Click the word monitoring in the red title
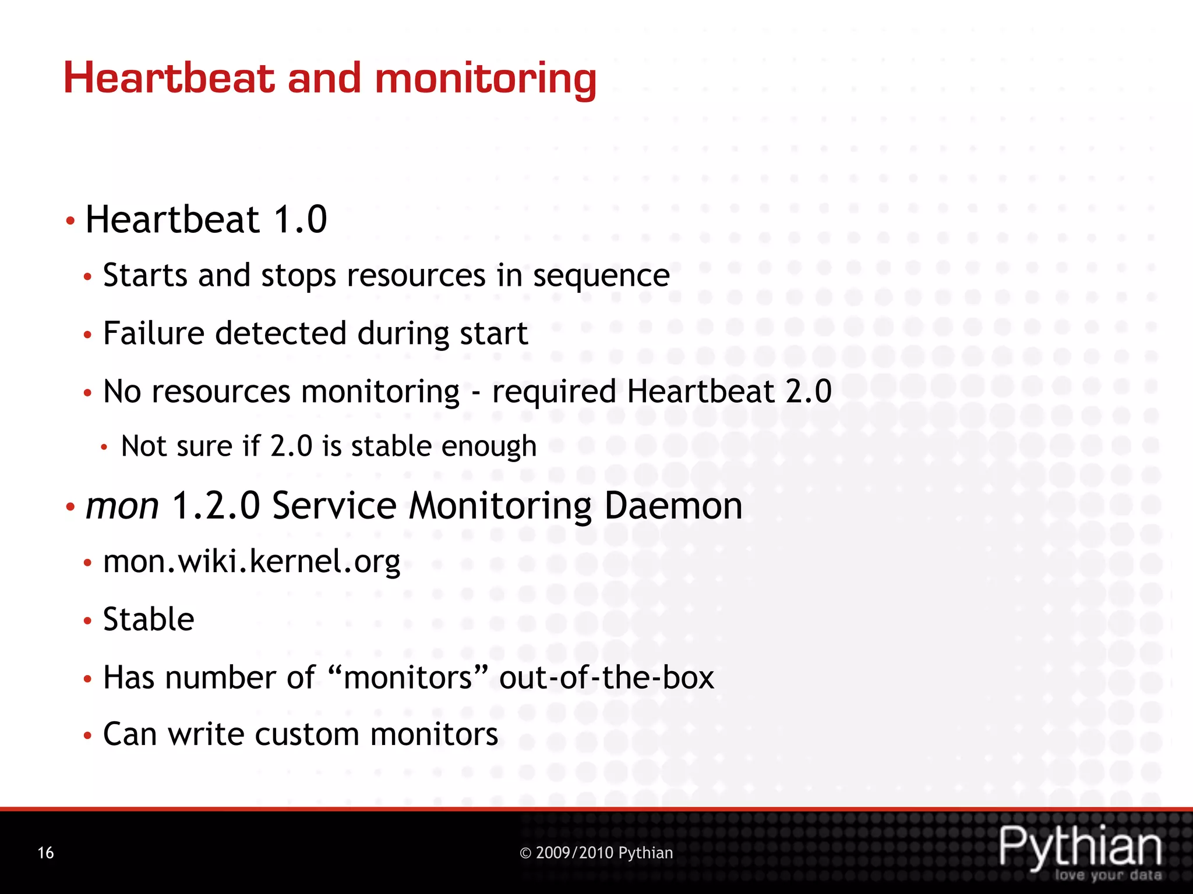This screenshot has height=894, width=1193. [x=485, y=79]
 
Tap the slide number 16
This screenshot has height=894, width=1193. [x=45, y=853]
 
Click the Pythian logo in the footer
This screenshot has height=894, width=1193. [x=1081, y=847]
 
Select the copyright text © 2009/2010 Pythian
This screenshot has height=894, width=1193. [x=596, y=853]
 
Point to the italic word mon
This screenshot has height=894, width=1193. [x=122, y=505]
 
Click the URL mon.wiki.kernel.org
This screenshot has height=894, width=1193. [x=252, y=562]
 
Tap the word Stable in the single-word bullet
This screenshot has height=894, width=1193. [x=149, y=619]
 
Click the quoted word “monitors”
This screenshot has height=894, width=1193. [x=408, y=677]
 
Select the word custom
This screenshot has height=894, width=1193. [x=306, y=735]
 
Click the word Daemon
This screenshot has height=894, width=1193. [x=673, y=505]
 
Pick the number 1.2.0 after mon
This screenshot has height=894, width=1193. [x=216, y=505]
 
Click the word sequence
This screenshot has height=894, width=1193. [x=601, y=276]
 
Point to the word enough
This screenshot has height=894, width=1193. [x=489, y=446]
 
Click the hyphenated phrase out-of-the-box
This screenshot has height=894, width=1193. [x=606, y=677]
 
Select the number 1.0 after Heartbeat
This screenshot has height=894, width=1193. [x=300, y=219]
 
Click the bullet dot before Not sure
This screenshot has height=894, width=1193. [x=104, y=448]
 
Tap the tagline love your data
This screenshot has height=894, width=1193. [x=1108, y=875]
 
